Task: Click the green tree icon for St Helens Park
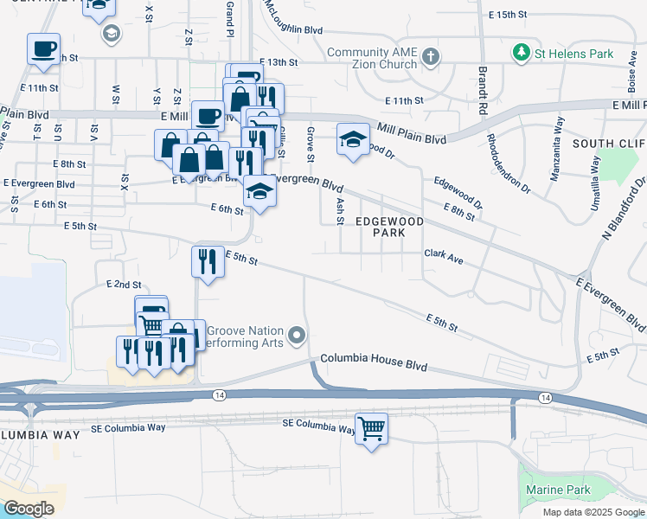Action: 522,54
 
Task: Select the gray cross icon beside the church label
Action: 431,57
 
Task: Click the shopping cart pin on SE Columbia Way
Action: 372,427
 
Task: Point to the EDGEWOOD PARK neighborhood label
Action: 390,227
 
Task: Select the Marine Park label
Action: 558,490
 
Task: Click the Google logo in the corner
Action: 29,509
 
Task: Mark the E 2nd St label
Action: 124,284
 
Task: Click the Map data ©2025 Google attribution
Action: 593,512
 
